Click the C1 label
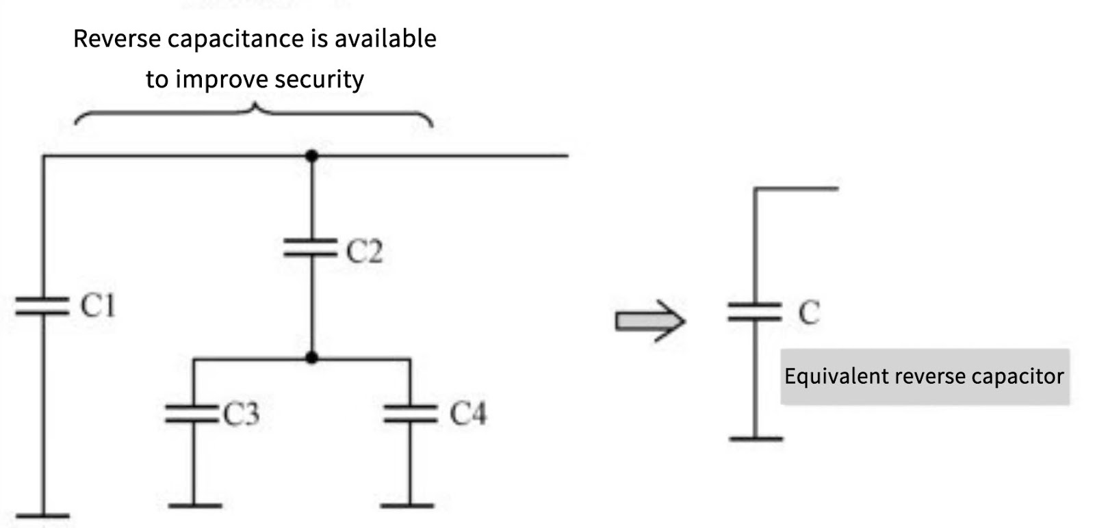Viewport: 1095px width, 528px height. coord(98,306)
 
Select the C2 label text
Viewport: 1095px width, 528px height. coord(364,251)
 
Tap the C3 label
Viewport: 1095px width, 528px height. coord(242,414)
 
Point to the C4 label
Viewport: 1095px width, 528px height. coord(467,414)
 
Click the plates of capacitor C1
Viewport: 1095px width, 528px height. coord(42,306)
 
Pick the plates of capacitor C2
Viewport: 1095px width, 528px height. coord(311,248)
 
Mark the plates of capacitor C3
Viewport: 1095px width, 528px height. coord(192,413)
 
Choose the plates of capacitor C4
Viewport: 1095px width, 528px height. coord(409,413)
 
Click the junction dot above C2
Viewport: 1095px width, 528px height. coord(311,156)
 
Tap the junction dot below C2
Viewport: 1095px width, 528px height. coord(311,357)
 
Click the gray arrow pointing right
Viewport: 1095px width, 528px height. coord(649,321)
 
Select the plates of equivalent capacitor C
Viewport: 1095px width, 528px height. coord(754,312)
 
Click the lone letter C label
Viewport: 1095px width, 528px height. coord(808,313)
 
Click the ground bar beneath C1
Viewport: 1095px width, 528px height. coord(42,516)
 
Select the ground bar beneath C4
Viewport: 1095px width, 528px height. coord(408,506)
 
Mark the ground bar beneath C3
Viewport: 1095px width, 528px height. coord(194,506)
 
